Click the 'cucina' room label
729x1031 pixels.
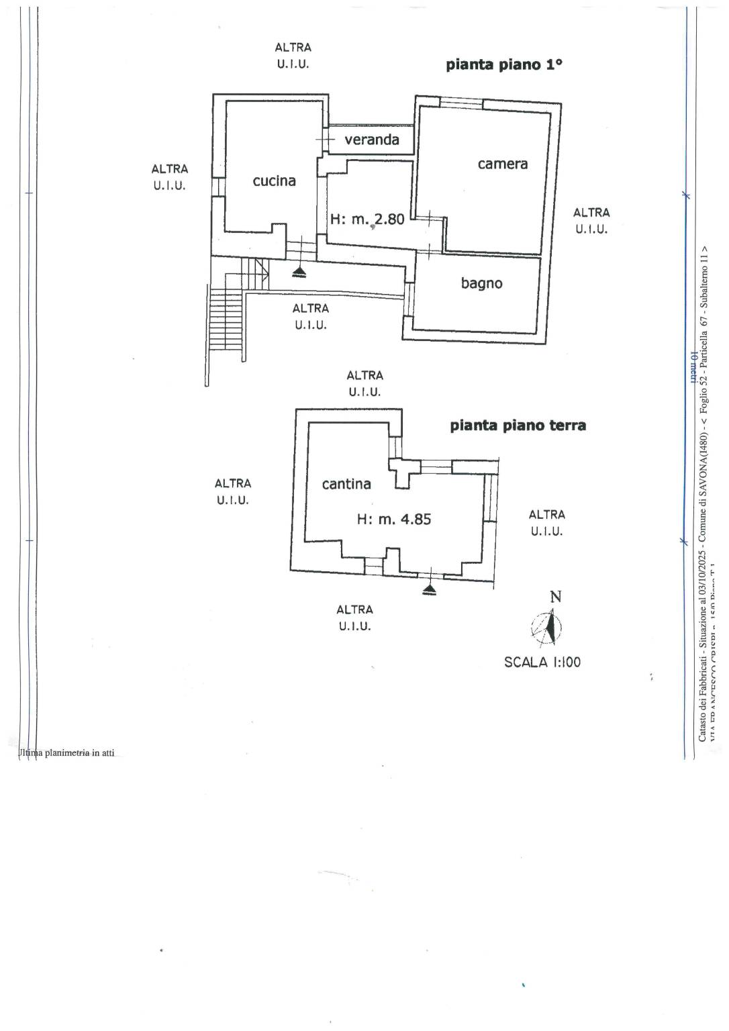point(274,181)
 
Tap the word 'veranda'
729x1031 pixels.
point(371,140)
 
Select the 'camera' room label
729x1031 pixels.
point(502,164)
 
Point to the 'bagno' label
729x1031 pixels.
point(481,283)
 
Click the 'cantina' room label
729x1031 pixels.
point(346,484)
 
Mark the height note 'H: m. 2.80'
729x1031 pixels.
point(367,219)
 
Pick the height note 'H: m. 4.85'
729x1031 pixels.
point(393,519)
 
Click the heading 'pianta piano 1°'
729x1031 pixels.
point(504,65)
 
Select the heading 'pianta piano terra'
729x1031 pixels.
point(518,426)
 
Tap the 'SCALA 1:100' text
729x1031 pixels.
point(542,662)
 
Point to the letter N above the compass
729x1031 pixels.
point(555,597)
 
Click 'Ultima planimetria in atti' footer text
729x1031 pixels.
point(67,753)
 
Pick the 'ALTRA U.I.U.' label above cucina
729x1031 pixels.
point(293,56)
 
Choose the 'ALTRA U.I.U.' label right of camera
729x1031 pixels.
point(591,221)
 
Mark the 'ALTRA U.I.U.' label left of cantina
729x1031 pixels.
point(232,491)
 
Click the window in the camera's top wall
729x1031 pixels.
point(461,103)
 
